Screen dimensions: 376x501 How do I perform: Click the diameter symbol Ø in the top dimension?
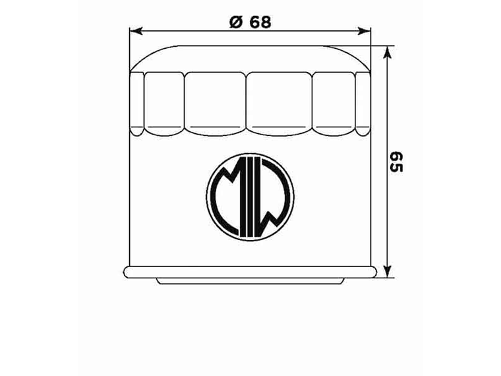click(x=235, y=22)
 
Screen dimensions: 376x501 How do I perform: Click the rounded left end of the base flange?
click(x=126, y=271)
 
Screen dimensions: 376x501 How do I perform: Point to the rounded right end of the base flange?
click(x=375, y=271)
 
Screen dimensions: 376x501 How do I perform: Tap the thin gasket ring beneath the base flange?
click(x=250, y=281)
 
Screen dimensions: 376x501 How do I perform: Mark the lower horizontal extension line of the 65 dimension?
click(x=386, y=278)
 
